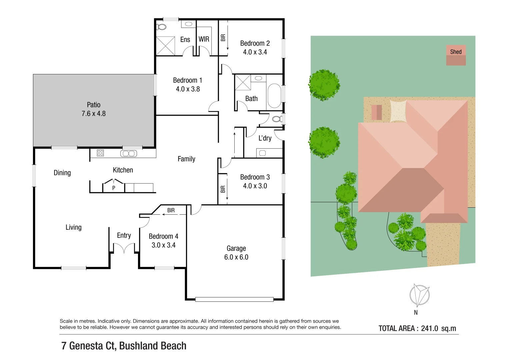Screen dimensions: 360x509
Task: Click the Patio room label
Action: tap(93, 105)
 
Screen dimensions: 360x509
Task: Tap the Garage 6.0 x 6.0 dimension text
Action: tap(236, 257)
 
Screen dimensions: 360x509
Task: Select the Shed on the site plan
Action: tap(456, 55)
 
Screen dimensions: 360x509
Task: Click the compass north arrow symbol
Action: tap(419, 295)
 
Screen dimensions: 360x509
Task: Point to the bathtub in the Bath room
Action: tap(274, 96)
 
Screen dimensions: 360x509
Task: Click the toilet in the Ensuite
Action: tap(162, 27)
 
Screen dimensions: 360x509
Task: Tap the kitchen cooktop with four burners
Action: tap(100, 153)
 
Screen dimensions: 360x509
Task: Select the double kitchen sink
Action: tap(128, 153)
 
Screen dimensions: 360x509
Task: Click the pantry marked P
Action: tap(114, 187)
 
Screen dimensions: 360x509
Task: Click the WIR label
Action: tap(204, 39)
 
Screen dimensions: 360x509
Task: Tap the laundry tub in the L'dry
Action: tap(262, 153)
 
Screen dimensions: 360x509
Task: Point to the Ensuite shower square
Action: tap(166, 46)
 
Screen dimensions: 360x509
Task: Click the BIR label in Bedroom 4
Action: tap(171, 210)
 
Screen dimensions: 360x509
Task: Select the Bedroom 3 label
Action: tap(255, 177)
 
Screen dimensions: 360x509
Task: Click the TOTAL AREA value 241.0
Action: tap(429, 328)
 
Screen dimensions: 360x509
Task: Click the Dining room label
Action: tap(62, 173)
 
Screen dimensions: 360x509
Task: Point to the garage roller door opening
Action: tap(234, 299)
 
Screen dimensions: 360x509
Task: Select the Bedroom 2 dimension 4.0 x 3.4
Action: tap(255, 52)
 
